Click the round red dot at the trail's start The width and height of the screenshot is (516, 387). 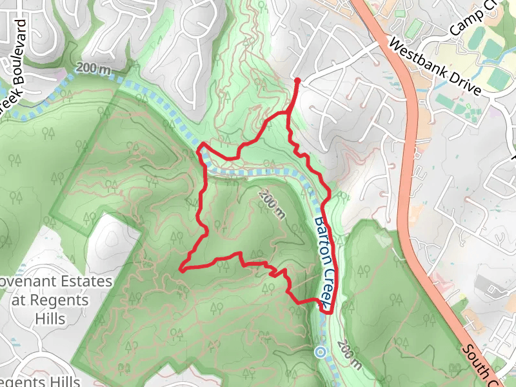click(x=297, y=81)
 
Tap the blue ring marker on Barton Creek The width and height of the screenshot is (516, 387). click(x=321, y=352)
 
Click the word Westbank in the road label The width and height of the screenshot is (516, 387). click(x=418, y=55)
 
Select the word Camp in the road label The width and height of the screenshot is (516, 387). click(x=466, y=21)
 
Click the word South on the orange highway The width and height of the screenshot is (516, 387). click(x=478, y=361)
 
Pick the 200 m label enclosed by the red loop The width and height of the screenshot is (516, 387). click(x=272, y=205)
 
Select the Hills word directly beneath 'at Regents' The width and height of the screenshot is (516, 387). click(x=49, y=319)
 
